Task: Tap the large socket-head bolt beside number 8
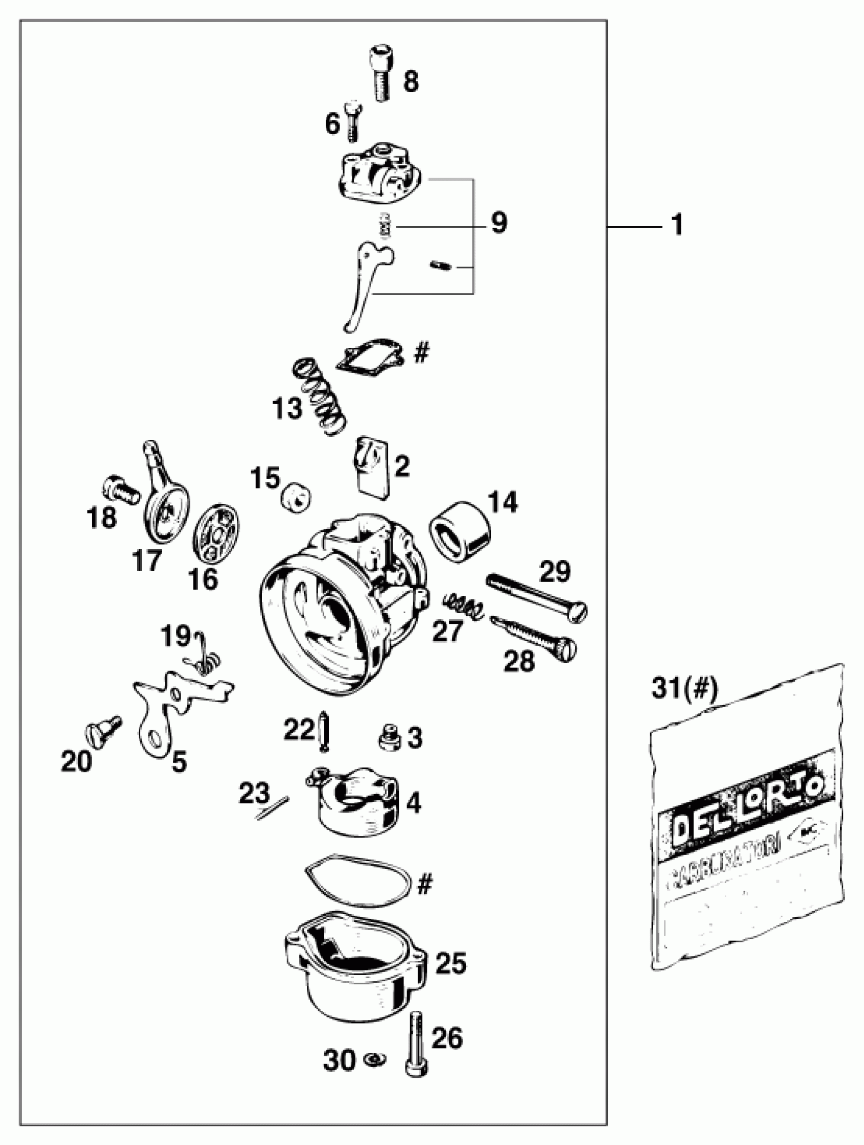pyautogui.click(x=382, y=73)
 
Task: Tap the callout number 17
pyautogui.click(x=147, y=560)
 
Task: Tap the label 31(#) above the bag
pyautogui.click(x=685, y=689)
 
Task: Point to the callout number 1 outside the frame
pyautogui.click(x=676, y=226)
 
